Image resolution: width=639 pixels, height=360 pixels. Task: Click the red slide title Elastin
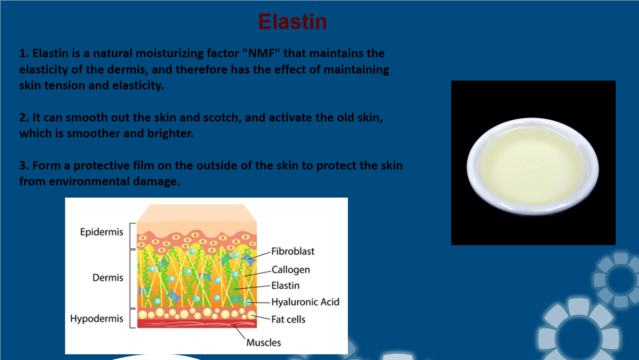click(x=292, y=22)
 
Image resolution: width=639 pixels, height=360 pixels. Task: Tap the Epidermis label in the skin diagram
click(x=102, y=232)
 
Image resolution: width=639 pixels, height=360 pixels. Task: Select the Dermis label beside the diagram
click(x=108, y=278)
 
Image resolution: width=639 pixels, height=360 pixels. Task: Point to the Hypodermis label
click(x=97, y=319)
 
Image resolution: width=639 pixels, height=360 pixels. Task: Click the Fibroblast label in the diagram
click(x=293, y=251)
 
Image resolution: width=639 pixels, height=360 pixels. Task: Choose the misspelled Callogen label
click(x=291, y=270)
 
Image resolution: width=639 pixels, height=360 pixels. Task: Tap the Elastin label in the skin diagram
click(x=285, y=286)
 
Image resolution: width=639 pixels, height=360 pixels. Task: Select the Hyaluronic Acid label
click(x=305, y=302)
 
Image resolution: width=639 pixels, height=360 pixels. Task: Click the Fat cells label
click(x=288, y=320)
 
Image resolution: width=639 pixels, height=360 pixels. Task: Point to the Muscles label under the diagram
click(x=263, y=342)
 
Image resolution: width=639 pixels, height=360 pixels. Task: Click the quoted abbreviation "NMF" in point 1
click(x=261, y=53)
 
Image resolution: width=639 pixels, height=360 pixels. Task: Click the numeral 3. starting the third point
click(x=24, y=165)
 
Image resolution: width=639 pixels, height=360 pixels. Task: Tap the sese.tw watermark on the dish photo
click(x=533, y=167)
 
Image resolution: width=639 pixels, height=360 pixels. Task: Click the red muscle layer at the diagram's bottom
click(x=197, y=323)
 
